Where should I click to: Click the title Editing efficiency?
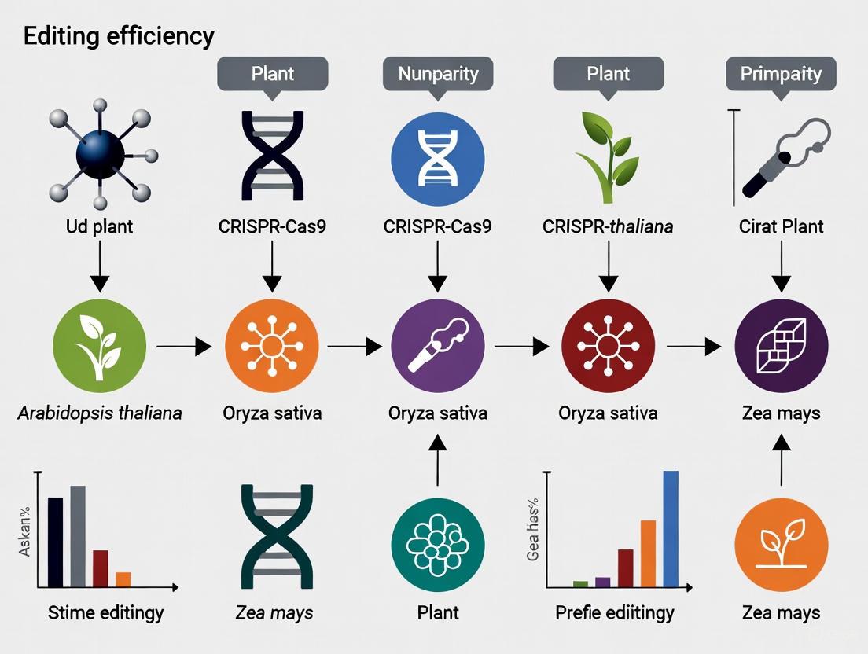point(119,37)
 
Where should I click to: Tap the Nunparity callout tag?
point(438,75)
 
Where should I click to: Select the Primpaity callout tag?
point(781,75)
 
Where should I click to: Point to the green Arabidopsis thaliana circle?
point(99,345)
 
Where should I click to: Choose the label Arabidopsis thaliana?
point(100,413)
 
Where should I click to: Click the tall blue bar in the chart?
point(670,528)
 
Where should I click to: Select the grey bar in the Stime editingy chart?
point(78,536)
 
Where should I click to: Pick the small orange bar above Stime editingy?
point(123,579)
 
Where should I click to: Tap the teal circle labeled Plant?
point(438,545)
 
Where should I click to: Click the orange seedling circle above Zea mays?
point(781,545)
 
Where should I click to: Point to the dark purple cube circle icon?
point(781,345)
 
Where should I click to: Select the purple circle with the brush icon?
point(438,345)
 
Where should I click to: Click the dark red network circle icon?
point(608,345)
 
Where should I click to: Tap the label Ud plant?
point(100,227)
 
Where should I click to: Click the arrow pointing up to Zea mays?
point(781,460)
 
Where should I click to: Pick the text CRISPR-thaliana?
point(608,227)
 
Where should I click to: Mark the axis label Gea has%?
point(533,528)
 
